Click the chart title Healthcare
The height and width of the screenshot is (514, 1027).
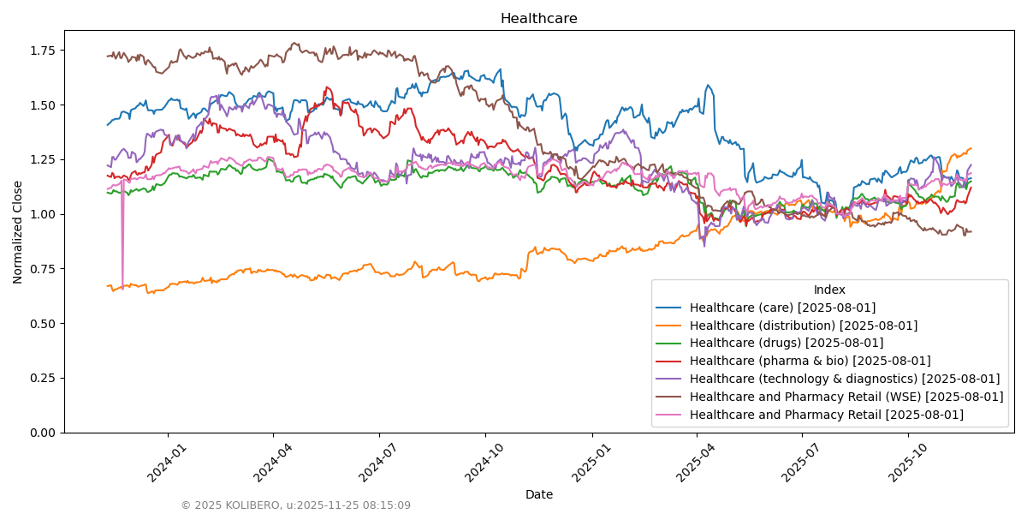(x=538, y=19)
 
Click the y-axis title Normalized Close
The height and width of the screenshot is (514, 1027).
(x=18, y=231)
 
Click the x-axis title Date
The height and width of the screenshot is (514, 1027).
(x=538, y=494)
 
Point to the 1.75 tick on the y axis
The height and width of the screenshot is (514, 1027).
(x=41, y=51)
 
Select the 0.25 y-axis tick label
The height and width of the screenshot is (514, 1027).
(x=41, y=378)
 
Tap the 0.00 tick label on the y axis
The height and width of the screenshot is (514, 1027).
(x=41, y=433)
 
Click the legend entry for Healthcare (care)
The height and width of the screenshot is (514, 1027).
(x=782, y=308)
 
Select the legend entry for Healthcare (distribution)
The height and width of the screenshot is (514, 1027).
(x=803, y=326)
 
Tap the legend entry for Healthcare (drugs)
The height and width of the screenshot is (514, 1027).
(x=786, y=344)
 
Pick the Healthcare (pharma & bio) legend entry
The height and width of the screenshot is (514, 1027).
(x=810, y=362)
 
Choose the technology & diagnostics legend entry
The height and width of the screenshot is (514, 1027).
(x=844, y=380)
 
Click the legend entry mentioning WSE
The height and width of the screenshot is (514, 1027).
(x=846, y=397)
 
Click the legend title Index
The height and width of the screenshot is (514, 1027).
(x=829, y=290)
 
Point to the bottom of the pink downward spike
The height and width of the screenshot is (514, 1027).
(x=122, y=289)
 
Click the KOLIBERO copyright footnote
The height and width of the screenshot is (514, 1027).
(x=295, y=505)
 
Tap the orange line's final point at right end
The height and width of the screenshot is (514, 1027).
(x=971, y=148)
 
